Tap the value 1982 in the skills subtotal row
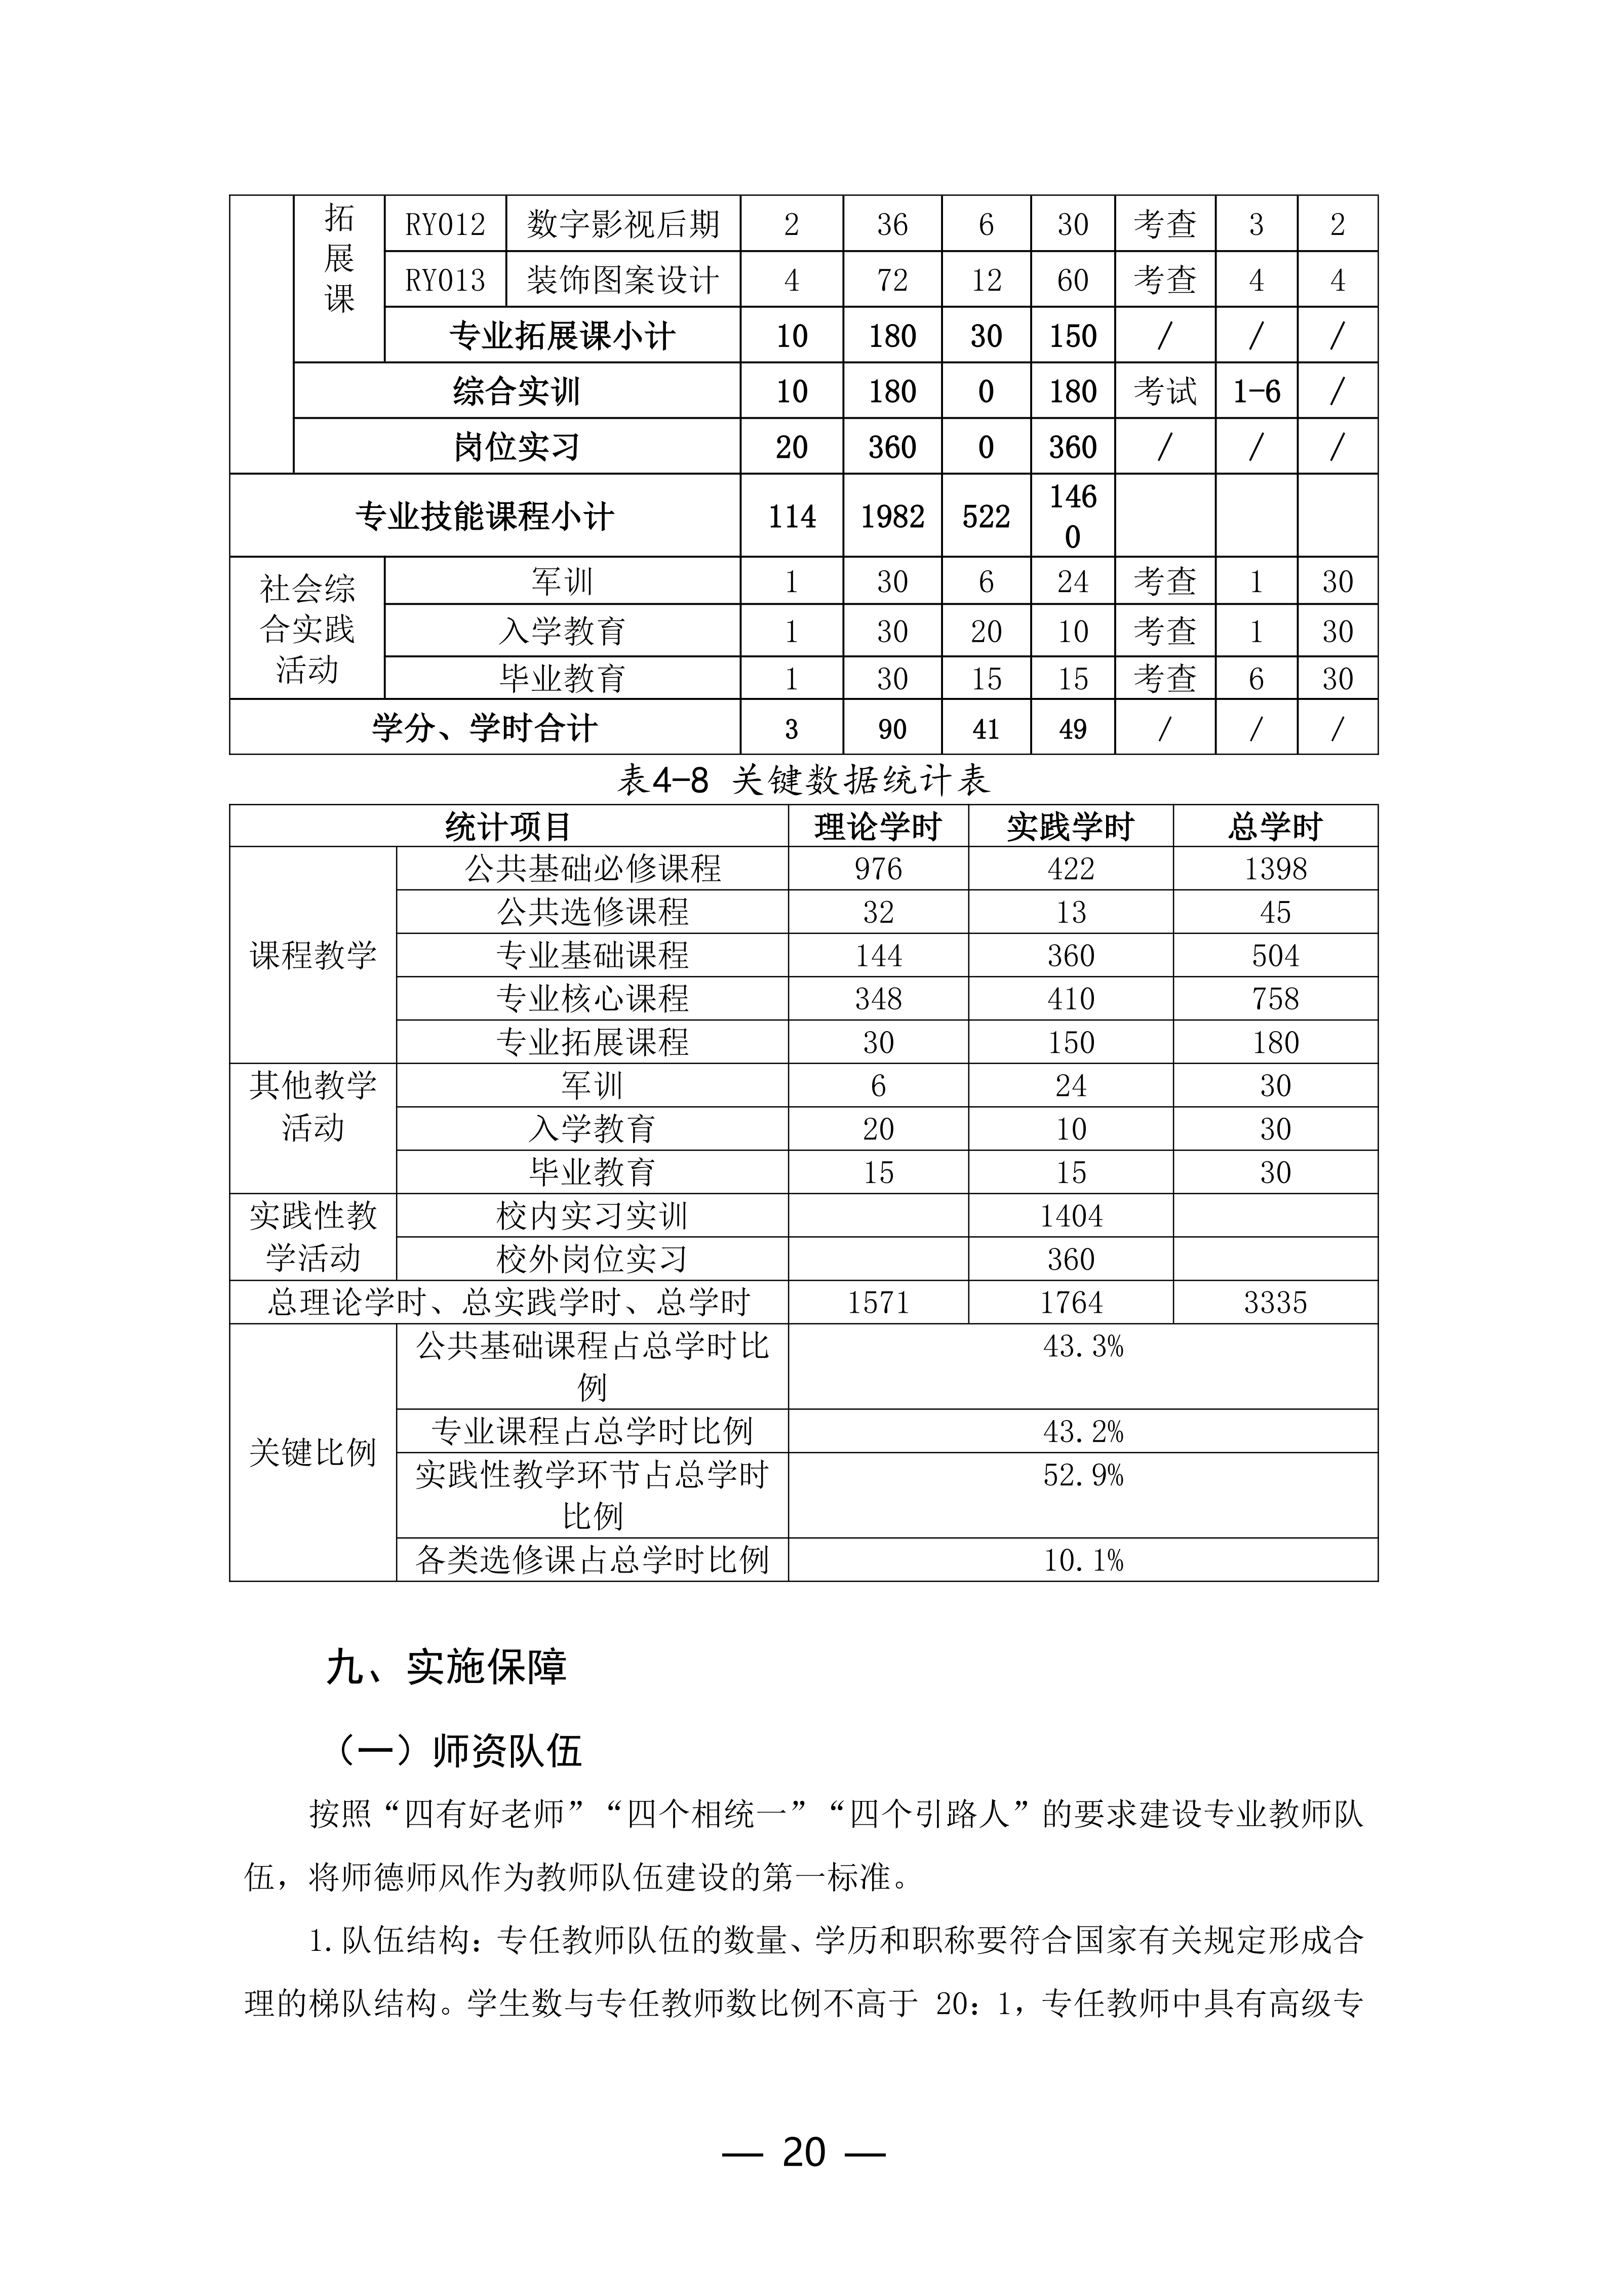coord(891,516)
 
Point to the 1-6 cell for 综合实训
coord(1256,391)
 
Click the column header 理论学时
coord(877,826)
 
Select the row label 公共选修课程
coord(592,911)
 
